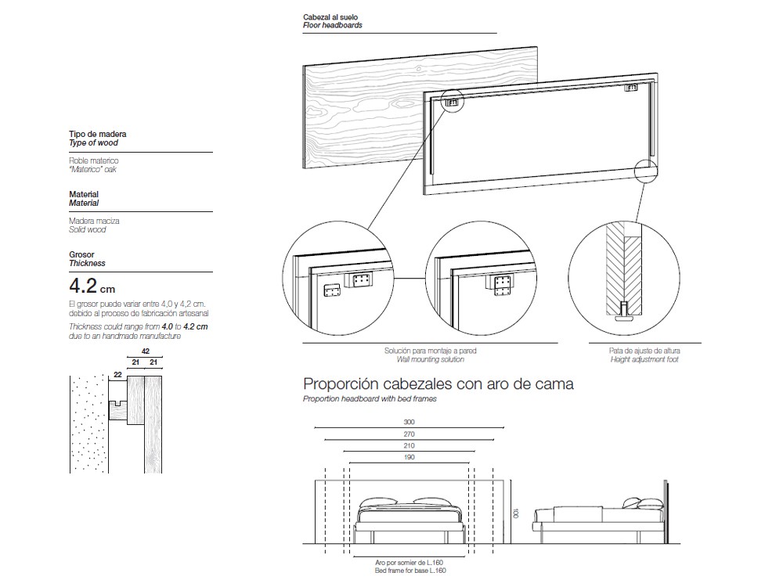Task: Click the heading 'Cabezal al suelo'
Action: pos(330,16)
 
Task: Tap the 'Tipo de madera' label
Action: pos(97,135)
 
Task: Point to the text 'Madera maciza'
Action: pos(94,221)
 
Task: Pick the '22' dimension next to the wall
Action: pos(118,375)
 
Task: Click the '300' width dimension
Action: pos(408,422)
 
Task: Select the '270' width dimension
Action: pos(408,434)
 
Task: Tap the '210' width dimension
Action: pos(408,445)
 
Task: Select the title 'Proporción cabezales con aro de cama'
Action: pos(438,384)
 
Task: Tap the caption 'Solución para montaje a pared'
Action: pos(430,351)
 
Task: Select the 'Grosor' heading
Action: pos(81,255)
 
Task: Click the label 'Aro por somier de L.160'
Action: pos(408,562)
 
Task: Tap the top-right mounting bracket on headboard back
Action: pos(632,88)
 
